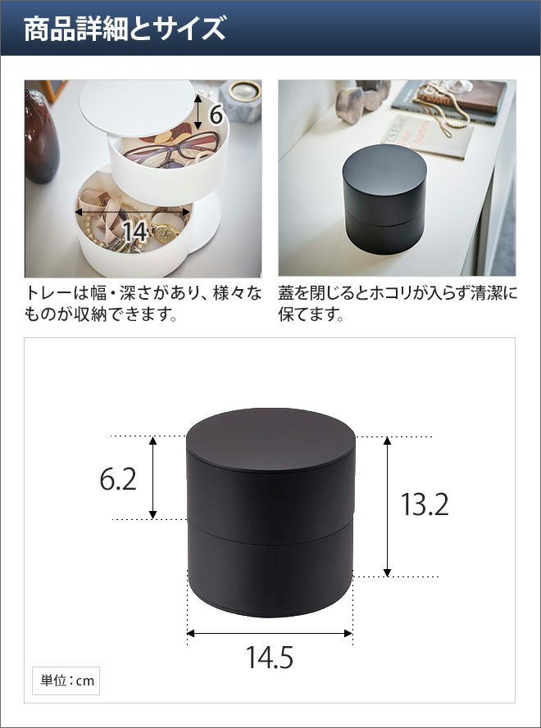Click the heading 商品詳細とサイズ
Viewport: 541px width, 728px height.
coord(125,29)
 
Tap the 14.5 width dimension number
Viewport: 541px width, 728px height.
coord(270,657)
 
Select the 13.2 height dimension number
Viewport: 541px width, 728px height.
coord(425,504)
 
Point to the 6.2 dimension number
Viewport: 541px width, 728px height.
coord(118,479)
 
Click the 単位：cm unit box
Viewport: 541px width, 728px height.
coord(66,681)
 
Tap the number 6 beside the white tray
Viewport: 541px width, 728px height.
coord(216,115)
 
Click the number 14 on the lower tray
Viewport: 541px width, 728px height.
coord(136,232)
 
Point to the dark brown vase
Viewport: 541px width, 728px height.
coord(41,137)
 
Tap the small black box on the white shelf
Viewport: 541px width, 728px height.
coord(384,199)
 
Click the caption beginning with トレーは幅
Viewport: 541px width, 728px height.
coord(143,304)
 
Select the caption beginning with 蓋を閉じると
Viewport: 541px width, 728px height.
coord(398,304)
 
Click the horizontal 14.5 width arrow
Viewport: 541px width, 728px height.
coord(270,633)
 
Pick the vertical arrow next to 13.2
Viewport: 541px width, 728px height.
coord(387,507)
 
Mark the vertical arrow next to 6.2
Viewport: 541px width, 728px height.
coord(152,477)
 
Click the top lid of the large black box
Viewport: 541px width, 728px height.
coord(271,440)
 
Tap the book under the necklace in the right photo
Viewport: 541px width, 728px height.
coord(428,137)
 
